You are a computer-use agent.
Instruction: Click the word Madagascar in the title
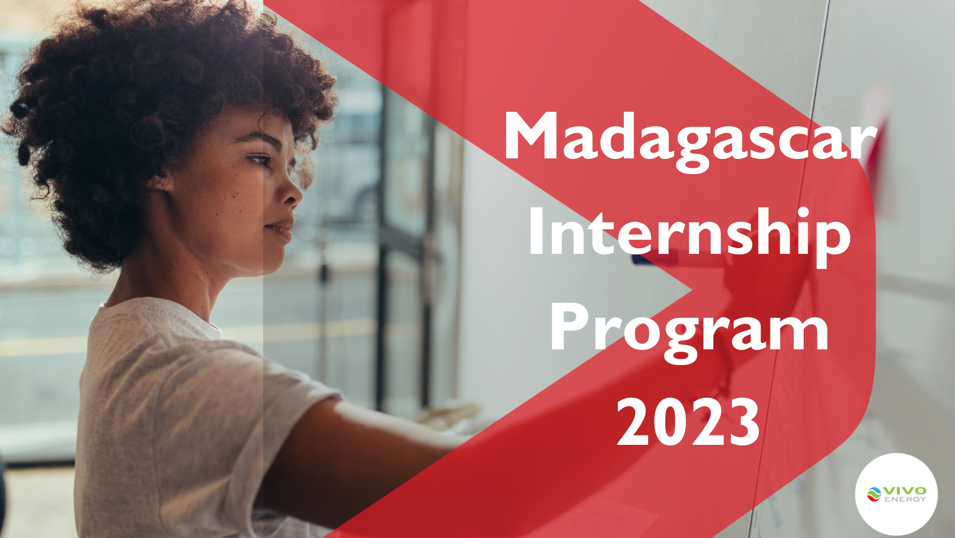(x=690, y=137)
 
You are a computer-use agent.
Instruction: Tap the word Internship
(x=689, y=233)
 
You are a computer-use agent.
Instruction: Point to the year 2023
(x=688, y=422)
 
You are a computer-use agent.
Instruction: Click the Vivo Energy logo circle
(x=896, y=494)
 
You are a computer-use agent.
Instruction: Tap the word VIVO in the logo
(x=906, y=490)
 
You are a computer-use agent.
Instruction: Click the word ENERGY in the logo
(x=905, y=499)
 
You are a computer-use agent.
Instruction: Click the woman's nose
(x=291, y=195)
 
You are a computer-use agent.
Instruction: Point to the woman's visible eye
(x=260, y=159)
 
